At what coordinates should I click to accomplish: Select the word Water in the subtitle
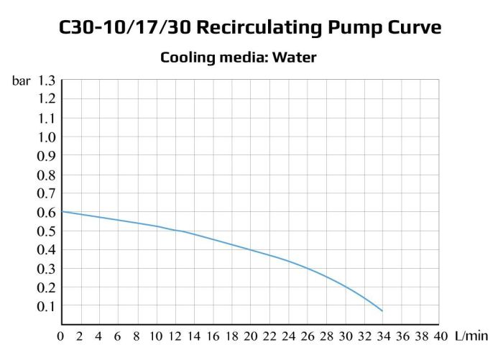[x=294, y=57]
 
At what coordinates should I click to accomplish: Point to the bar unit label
[x=21, y=80]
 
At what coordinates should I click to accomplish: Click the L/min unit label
[x=471, y=336]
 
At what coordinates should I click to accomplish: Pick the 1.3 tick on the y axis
[x=46, y=80]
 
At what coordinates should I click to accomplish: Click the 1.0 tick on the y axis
[x=46, y=137]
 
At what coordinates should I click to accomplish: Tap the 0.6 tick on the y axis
[x=46, y=212]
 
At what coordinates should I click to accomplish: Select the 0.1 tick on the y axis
[x=46, y=306]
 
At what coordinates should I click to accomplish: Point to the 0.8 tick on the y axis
[x=46, y=175]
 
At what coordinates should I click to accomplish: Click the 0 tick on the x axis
[x=61, y=336]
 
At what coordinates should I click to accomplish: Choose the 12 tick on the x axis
[x=174, y=336]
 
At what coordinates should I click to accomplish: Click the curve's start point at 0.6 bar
[x=62, y=211]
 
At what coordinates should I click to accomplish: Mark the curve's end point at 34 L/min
[x=382, y=311]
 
